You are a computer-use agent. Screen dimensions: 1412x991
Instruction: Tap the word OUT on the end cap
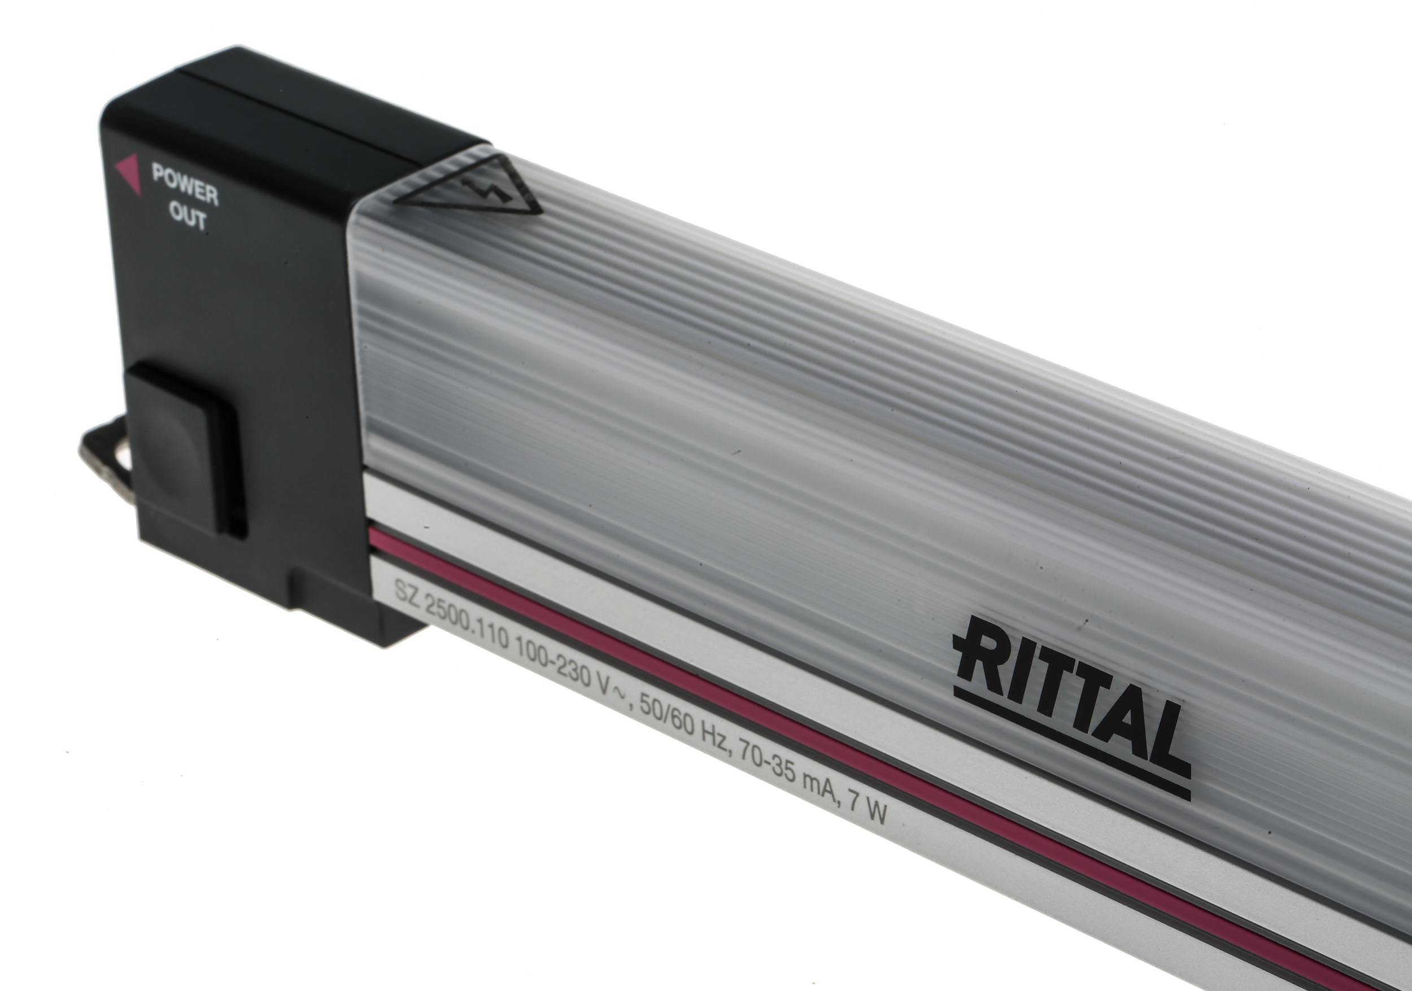click(188, 216)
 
